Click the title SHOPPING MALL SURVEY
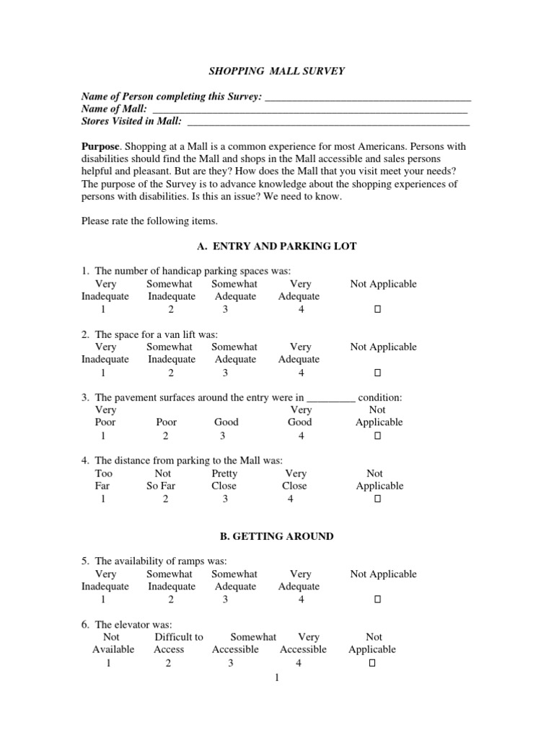pos(276,71)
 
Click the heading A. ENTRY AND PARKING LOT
pos(277,246)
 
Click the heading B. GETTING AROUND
pos(276,536)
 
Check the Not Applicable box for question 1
pos(377,310)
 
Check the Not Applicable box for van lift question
pos(377,373)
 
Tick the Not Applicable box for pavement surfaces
pos(377,436)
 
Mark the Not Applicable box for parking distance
pos(377,499)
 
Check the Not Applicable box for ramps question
pos(377,600)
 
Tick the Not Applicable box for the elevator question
pos(372,663)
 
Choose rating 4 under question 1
pos(301,310)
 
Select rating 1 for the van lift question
pos(103,373)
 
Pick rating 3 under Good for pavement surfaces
pos(223,436)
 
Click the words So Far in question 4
pos(162,486)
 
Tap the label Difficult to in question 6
pos(179,637)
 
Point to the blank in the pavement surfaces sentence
pos(331,398)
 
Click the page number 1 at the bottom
pos(276,678)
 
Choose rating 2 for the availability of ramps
pos(171,600)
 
